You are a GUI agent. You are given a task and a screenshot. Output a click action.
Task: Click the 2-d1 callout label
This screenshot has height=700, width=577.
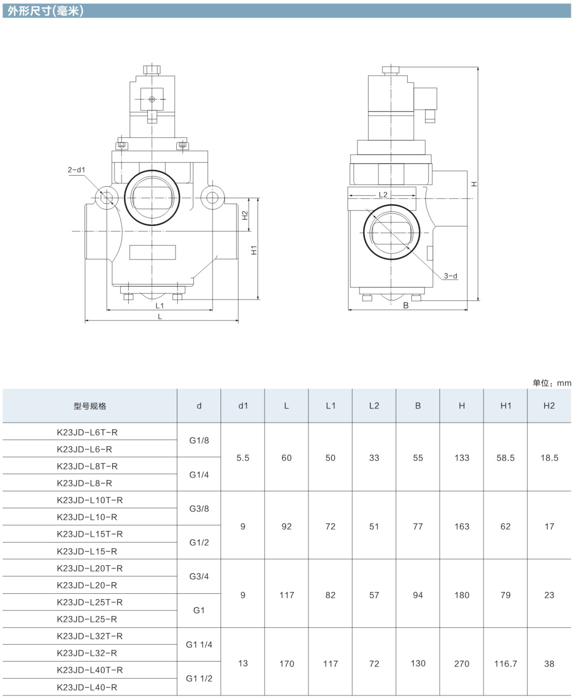pyautogui.click(x=76, y=170)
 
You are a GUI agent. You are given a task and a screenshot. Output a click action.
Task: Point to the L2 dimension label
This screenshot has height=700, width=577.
pyautogui.click(x=383, y=195)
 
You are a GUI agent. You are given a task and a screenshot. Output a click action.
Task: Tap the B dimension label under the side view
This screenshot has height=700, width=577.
pyautogui.click(x=406, y=305)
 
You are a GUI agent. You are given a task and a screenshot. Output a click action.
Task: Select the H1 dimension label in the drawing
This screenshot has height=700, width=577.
pyautogui.click(x=254, y=250)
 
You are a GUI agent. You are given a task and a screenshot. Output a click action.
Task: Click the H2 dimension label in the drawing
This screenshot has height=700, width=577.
pyautogui.click(x=245, y=216)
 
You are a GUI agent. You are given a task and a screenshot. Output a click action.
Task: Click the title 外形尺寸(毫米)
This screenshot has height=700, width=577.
pyautogui.click(x=45, y=11)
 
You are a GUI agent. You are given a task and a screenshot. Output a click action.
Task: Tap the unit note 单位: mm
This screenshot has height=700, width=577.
pyautogui.click(x=552, y=383)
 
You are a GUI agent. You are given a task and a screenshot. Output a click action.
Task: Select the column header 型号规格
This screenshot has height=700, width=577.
pyautogui.click(x=90, y=406)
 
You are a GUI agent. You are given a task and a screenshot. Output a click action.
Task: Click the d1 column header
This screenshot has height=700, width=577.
pyautogui.click(x=243, y=406)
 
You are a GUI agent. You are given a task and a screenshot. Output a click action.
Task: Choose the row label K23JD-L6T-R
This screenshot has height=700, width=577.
pyautogui.click(x=87, y=432)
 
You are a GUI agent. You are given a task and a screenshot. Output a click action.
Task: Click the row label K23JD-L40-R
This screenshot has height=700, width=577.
pyautogui.click(x=87, y=687)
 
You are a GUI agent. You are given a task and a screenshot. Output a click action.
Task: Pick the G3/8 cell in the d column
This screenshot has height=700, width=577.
pyautogui.click(x=199, y=508)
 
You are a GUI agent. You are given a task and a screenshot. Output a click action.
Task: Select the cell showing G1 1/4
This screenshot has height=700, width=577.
pyautogui.click(x=199, y=644)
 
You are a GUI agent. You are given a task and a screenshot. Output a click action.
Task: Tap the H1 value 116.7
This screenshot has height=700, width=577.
pyautogui.click(x=506, y=664)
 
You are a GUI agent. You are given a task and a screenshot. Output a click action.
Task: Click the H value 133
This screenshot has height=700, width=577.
pyautogui.click(x=462, y=458)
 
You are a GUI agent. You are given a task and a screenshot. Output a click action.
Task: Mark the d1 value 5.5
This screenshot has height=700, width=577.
pyautogui.click(x=243, y=458)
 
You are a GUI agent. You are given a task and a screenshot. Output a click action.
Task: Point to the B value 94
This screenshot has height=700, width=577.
pyautogui.click(x=418, y=595)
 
